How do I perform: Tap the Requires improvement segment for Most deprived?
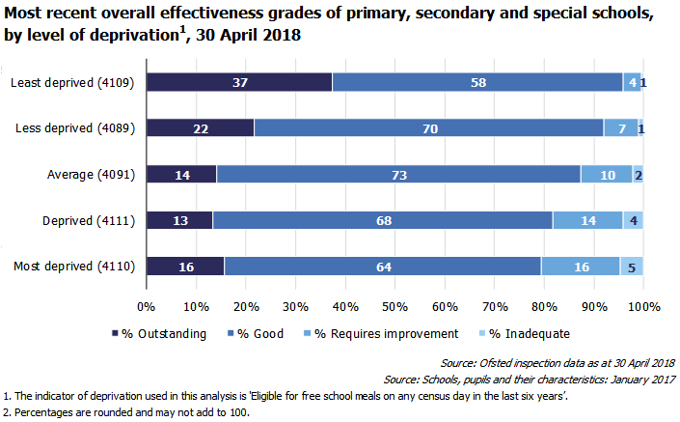(581, 267)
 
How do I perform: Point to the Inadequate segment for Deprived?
(633, 220)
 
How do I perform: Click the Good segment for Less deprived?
(428, 128)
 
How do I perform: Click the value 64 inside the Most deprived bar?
(382, 267)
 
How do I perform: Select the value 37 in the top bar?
(241, 83)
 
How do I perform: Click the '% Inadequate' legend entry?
(528, 333)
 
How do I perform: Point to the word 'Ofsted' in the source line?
(498, 363)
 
